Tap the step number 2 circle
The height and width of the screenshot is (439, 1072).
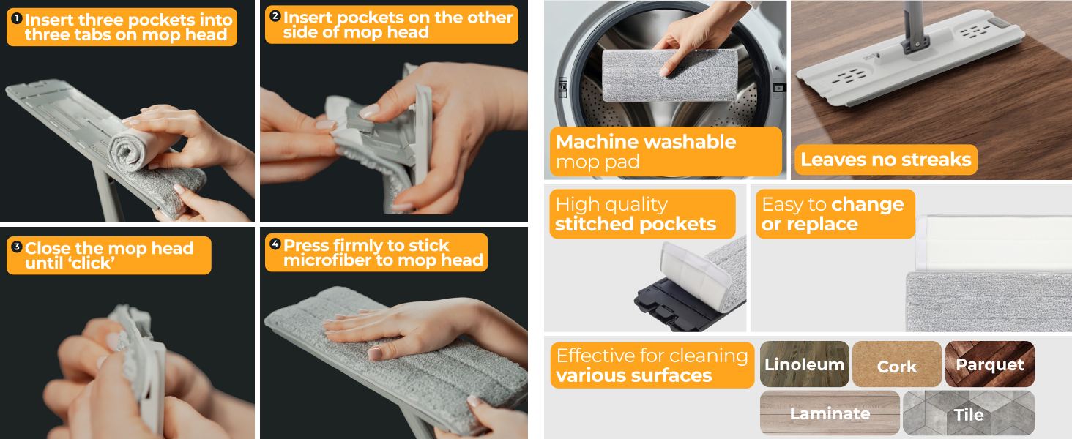click(x=275, y=16)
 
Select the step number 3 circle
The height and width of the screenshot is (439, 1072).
click(x=16, y=247)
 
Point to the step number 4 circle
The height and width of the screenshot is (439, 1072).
click(x=275, y=244)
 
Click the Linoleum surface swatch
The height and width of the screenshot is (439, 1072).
click(x=804, y=364)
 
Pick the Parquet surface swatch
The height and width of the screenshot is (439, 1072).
click(x=989, y=364)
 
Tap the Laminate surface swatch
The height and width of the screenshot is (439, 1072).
click(x=830, y=413)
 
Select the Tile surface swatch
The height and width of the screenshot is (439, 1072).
click(x=968, y=414)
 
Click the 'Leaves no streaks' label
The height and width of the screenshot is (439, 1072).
click(x=885, y=160)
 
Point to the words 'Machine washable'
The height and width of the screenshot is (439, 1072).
click(x=646, y=142)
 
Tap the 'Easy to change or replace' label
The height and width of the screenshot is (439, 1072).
click(x=833, y=214)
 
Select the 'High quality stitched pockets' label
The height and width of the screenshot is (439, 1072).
click(x=636, y=214)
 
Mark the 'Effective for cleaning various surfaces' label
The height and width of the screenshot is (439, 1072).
click(x=651, y=365)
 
